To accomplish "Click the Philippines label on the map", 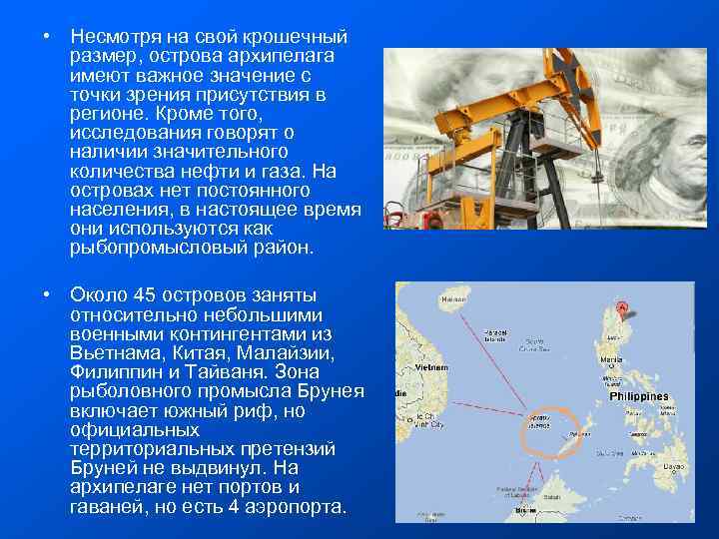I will tap(638, 396).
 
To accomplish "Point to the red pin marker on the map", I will tap(623, 308).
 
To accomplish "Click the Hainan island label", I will tap(454, 296).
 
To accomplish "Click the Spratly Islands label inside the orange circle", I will tap(539, 422).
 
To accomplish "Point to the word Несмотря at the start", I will tap(116, 37).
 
